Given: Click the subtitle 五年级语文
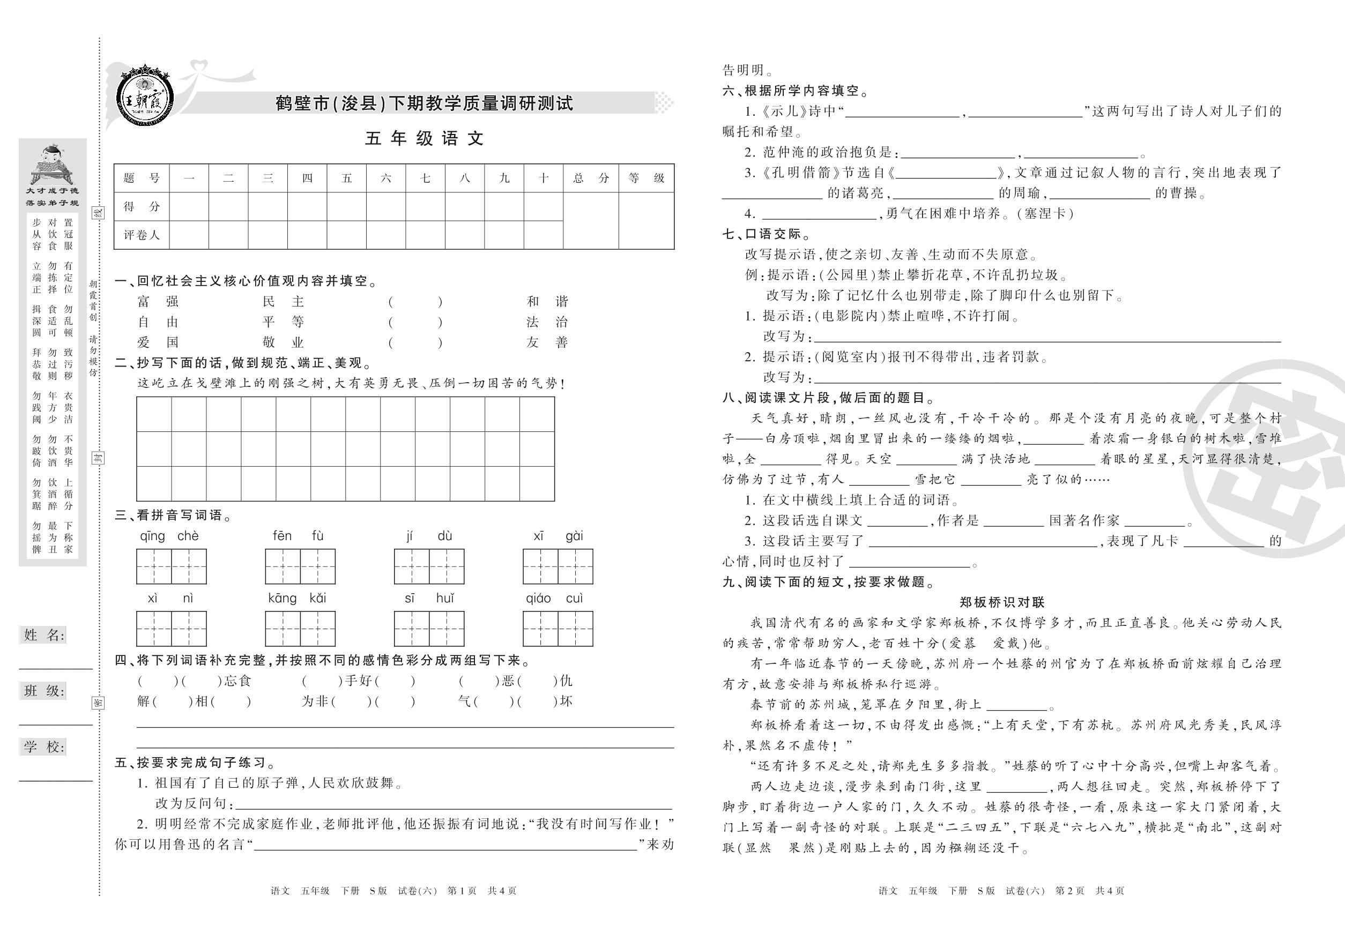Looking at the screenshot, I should coord(425,139).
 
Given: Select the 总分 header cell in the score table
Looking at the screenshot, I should coord(591,178).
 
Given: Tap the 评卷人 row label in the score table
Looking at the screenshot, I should coord(142,235).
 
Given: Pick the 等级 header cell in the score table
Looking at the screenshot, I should coord(646,178).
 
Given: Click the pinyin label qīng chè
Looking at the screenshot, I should coord(169,536).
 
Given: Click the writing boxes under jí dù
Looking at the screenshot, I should coord(429,566).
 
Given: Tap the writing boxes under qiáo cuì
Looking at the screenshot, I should coord(558,629).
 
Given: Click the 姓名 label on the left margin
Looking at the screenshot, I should coord(44,635).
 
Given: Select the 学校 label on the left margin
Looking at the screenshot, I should coord(44,747).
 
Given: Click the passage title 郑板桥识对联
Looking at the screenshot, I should coord(1002,602).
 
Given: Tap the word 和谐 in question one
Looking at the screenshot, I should coord(547,302).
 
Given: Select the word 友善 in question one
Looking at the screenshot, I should coord(547,342).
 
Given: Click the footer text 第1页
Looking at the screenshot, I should coord(462,891).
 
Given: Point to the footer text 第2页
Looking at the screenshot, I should coord(1069,891).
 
